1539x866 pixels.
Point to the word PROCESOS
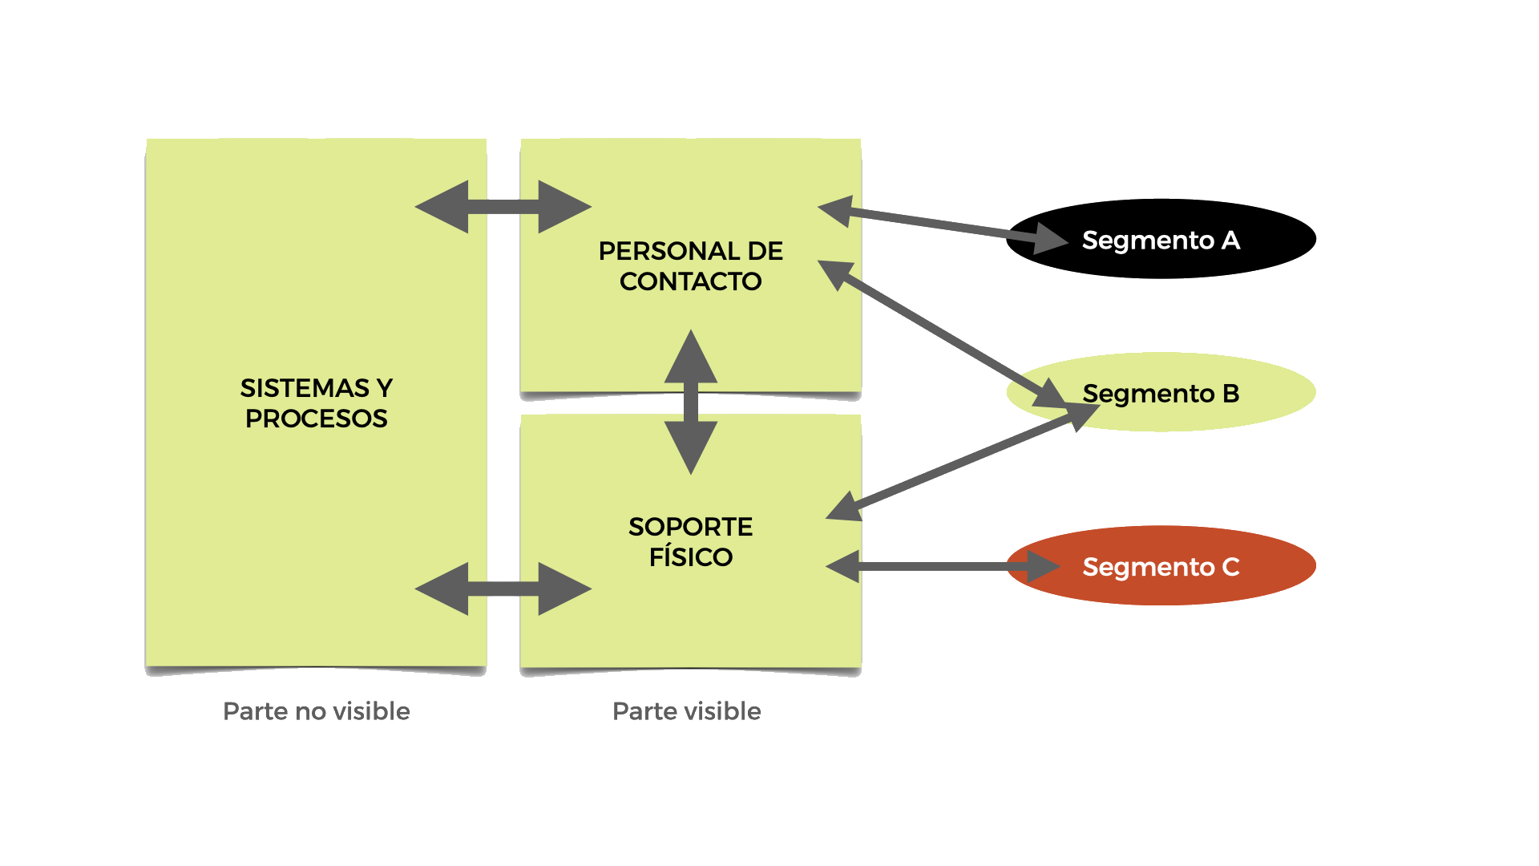pos(317,419)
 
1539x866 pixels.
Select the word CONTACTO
pos(690,281)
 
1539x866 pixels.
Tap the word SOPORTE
pos(690,527)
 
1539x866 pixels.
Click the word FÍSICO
pos(690,557)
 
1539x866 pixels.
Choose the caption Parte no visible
pos(317,711)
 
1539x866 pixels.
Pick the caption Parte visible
pos(687,711)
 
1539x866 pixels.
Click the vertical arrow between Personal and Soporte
pos(691,401)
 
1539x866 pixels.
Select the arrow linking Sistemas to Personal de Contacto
pos(503,207)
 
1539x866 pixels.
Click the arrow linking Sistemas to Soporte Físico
pos(503,589)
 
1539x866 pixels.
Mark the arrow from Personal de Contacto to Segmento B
pos(946,338)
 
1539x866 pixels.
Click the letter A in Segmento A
pos(1230,240)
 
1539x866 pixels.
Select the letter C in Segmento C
pos(1230,567)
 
